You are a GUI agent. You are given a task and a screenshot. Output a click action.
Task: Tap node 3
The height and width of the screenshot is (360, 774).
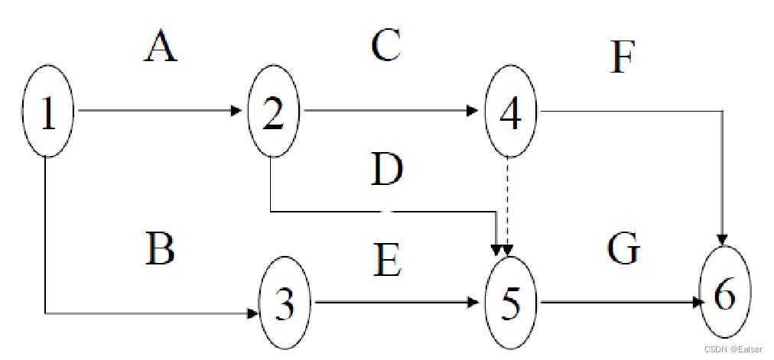pyautogui.click(x=285, y=303)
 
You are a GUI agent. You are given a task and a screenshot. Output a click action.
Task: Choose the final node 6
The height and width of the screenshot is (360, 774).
pyautogui.click(x=724, y=293)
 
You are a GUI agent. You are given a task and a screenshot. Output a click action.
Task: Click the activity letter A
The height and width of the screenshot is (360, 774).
pyautogui.click(x=161, y=47)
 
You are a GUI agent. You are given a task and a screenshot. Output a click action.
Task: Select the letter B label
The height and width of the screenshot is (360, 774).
pyautogui.click(x=160, y=249)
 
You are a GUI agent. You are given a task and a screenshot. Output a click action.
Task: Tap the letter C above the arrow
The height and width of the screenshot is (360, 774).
pyautogui.click(x=386, y=46)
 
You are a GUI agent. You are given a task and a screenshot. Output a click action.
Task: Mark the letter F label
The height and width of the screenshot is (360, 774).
pyautogui.click(x=623, y=58)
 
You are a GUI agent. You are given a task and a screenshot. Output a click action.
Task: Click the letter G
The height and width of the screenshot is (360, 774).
pyautogui.click(x=623, y=249)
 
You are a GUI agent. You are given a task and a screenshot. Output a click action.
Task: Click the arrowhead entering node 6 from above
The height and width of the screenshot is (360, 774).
pyautogui.click(x=723, y=238)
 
